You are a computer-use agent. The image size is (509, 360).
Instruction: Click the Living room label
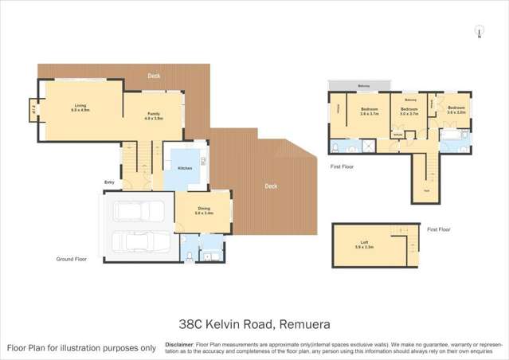click(x=80, y=105)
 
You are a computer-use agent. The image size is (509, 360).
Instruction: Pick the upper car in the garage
click(x=138, y=211)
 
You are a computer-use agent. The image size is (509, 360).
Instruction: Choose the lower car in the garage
click(x=138, y=243)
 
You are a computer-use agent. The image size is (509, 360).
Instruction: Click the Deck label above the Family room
click(x=154, y=76)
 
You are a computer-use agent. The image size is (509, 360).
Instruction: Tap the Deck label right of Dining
click(x=271, y=186)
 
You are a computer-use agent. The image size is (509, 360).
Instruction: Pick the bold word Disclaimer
click(x=180, y=344)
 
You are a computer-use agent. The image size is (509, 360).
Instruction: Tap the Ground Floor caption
click(x=71, y=259)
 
